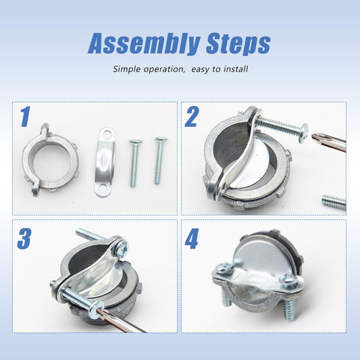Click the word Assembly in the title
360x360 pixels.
(143, 43)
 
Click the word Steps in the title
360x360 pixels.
(238, 43)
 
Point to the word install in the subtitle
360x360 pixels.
(236, 69)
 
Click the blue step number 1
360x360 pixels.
(25, 117)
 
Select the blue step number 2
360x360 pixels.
(191, 117)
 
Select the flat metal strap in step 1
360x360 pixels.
(105, 163)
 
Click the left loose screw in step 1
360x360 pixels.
(135, 163)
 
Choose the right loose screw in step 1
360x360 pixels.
(160, 161)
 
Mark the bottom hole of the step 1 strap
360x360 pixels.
(101, 191)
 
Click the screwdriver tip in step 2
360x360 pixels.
(316, 137)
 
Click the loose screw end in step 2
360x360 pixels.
(334, 202)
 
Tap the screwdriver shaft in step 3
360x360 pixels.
(122, 319)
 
